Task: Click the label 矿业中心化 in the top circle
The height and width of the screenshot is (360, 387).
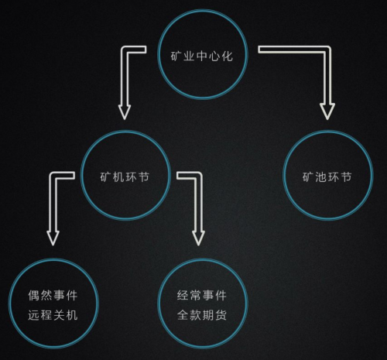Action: (201, 56)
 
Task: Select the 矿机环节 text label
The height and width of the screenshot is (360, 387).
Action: (125, 177)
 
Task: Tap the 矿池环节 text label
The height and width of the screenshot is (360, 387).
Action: (327, 177)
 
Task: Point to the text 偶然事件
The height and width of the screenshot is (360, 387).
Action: (53, 295)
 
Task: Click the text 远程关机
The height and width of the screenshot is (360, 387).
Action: (53, 315)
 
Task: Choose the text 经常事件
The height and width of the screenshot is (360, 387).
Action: (202, 295)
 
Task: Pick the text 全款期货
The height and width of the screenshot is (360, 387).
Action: (202, 315)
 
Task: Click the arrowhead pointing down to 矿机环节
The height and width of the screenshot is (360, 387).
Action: (125, 112)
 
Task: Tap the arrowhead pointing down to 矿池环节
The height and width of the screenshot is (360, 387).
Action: (327, 111)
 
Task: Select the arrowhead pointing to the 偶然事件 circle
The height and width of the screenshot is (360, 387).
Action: (53, 238)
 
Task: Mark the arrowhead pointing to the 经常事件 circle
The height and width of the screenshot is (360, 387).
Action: (198, 238)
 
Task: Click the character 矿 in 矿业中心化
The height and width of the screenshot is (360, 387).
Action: (176, 57)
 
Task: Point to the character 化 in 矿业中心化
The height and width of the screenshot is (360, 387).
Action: (227, 57)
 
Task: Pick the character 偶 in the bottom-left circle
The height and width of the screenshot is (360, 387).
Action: (34, 295)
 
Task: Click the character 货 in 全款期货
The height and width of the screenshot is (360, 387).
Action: (221, 315)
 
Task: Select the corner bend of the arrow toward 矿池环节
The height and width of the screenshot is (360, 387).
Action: (327, 50)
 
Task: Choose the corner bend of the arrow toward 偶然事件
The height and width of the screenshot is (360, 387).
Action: (53, 176)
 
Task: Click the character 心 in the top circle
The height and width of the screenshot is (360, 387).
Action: (214, 57)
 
